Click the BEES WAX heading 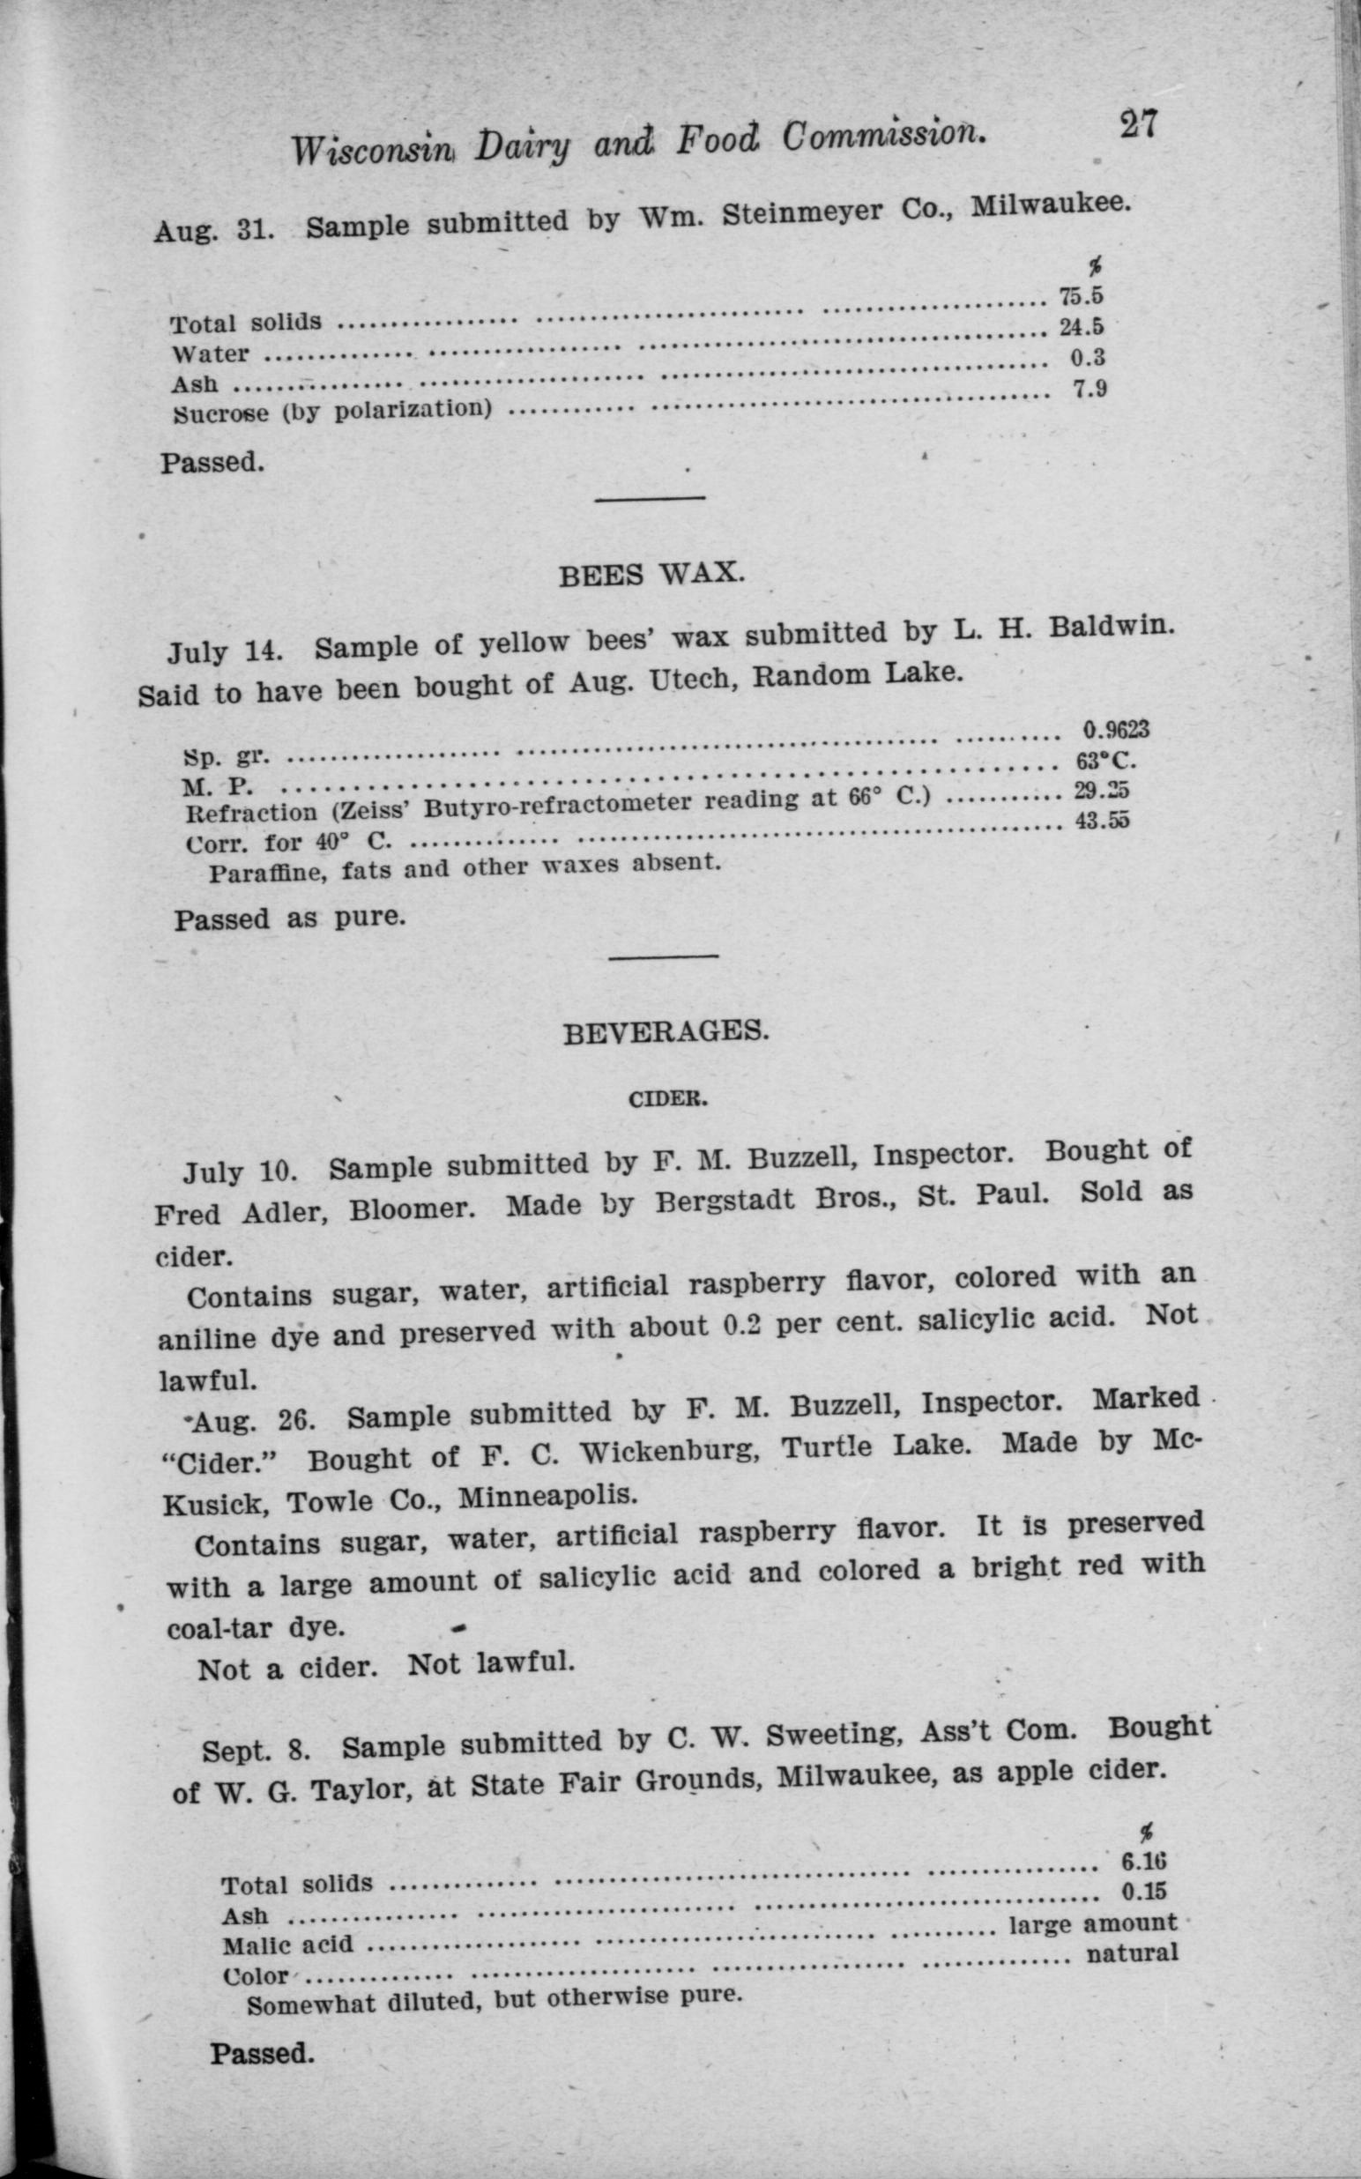point(651,573)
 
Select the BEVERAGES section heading point(666,1032)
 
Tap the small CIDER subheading point(668,1100)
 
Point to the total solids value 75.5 point(1081,296)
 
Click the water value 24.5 point(1081,327)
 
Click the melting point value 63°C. point(1106,762)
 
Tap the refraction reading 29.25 point(1101,792)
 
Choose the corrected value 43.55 point(1103,822)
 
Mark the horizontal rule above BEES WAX point(650,498)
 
